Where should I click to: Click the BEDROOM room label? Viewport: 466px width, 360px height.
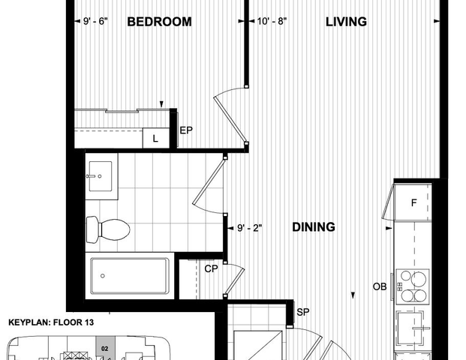[x=158, y=22]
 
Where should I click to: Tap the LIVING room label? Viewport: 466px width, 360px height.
[x=346, y=22]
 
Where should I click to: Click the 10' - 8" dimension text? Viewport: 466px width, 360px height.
[x=272, y=22]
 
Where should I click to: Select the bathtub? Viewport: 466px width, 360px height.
[x=130, y=276]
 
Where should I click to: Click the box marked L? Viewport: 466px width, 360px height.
[x=156, y=139]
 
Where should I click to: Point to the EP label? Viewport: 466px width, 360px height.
[x=185, y=130]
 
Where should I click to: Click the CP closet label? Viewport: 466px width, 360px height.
[x=211, y=268]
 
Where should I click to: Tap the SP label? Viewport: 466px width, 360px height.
[x=304, y=311]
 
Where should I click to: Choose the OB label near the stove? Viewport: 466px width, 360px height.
[x=380, y=286]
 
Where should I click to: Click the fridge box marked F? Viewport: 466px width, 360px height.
[x=413, y=202]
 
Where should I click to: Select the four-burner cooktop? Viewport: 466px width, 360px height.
[x=413, y=285]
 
